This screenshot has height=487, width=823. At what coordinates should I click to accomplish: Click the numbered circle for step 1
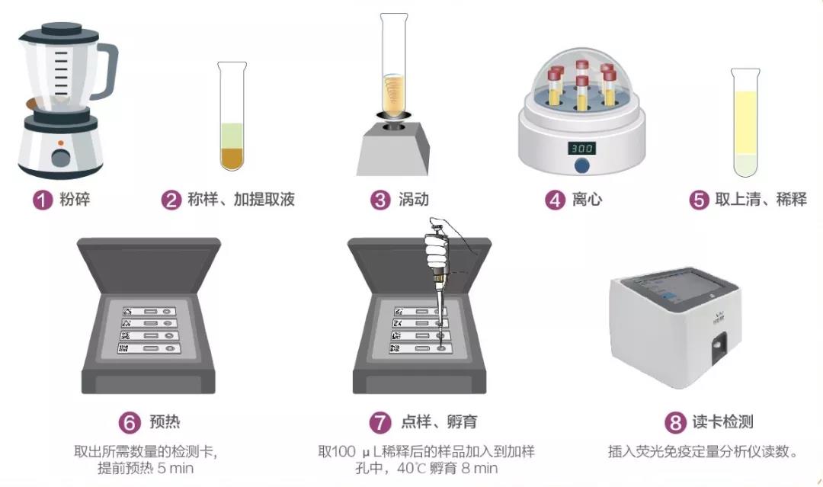point(43,200)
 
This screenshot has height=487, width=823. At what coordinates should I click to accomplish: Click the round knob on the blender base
point(61,158)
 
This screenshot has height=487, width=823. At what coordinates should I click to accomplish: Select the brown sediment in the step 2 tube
point(232,159)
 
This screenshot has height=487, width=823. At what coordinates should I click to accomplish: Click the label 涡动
point(414,200)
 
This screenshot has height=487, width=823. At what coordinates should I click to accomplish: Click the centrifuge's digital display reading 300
point(581,149)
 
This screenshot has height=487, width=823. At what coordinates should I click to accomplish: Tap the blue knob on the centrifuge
point(581,166)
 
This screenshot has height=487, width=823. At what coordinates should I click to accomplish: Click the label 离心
point(587,200)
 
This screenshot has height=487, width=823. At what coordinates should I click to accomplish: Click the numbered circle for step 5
point(699,200)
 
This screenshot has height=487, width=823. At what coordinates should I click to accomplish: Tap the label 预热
point(165,421)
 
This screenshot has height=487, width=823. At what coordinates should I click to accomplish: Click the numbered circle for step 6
point(130,422)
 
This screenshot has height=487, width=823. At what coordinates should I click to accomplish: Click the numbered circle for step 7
point(380,422)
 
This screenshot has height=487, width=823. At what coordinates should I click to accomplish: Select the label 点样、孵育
point(440,421)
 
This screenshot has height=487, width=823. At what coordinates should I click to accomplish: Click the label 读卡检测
point(722,421)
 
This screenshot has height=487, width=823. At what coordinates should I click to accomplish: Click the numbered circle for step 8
point(675,422)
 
